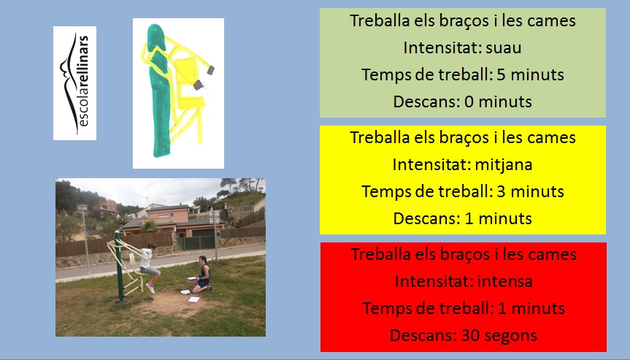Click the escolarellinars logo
point(74,83)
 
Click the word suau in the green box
point(504,47)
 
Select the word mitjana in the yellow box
point(504,165)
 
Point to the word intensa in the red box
point(504,281)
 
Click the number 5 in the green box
point(501,74)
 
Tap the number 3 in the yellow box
point(501,191)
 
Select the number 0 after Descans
point(469,102)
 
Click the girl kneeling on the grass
point(201,275)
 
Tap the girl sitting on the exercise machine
point(149,267)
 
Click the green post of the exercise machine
point(119,266)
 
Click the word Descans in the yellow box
point(426,218)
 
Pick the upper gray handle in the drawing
point(210,70)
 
